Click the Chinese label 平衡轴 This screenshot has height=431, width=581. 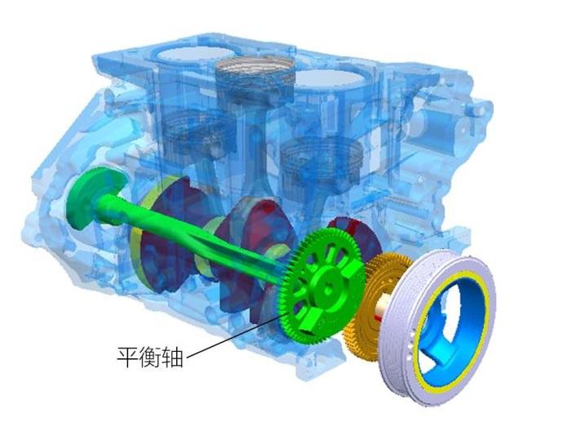pos(150,356)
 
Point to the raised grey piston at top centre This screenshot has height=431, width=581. pos(246,73)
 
